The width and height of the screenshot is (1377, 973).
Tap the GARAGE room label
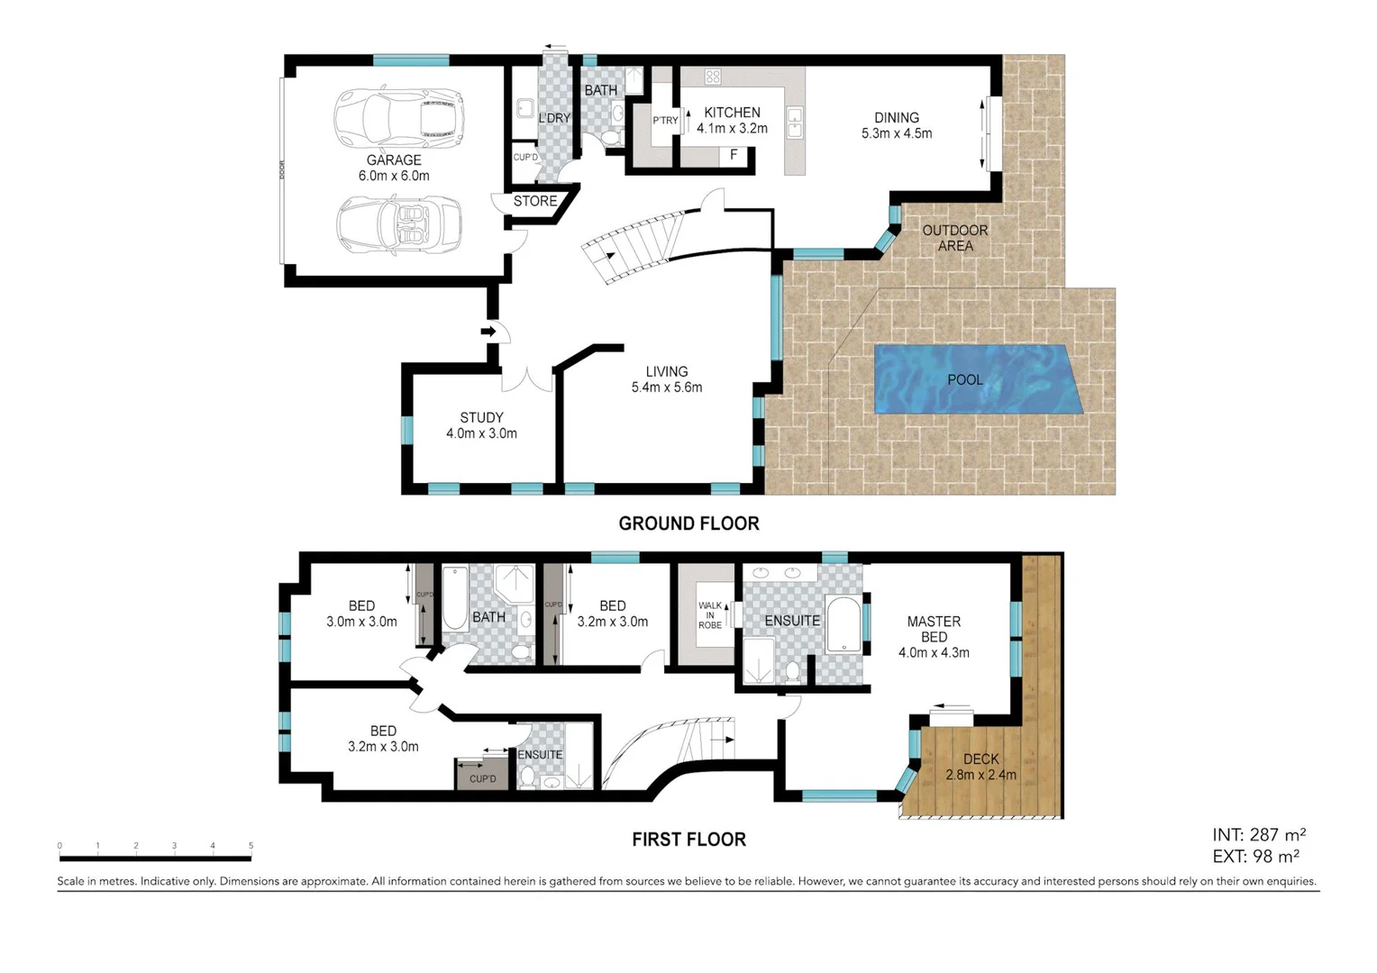tap(394, 160)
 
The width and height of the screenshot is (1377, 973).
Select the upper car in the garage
tap(398, 118)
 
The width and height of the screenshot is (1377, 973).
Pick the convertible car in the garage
tap(399, 224)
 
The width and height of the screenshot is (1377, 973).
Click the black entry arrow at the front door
tap(488, 332)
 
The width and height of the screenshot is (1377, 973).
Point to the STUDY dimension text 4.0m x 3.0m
tap(481, 433)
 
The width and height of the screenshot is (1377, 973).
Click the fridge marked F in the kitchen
tap(734, 155)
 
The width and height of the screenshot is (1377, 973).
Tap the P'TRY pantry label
tap(665, 121)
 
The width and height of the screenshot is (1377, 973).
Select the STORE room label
tap(535, 202)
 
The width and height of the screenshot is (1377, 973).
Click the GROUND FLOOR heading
tap(688, 523)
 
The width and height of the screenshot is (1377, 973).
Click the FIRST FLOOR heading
tap(688, 840)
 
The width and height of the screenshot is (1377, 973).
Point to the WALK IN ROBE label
tap(710, 615)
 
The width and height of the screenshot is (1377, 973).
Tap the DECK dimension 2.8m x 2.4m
tap(980, 775)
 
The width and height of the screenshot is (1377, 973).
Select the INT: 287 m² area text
tap(1258, 835)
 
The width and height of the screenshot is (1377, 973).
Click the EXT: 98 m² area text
tap(1255, 857)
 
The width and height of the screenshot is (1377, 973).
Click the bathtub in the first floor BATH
tap(455, 598)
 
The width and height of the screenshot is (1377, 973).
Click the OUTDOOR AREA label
tap(954, 238)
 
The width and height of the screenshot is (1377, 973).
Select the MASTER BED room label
tap(934, 629)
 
